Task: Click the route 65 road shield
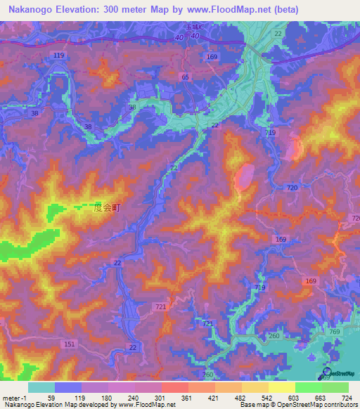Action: click(185, 77)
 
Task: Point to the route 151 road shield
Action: click(69, 344)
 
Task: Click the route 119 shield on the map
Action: click(58, 54)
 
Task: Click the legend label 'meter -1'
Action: click(14, 398)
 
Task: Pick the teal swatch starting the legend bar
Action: click(41, 387)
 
